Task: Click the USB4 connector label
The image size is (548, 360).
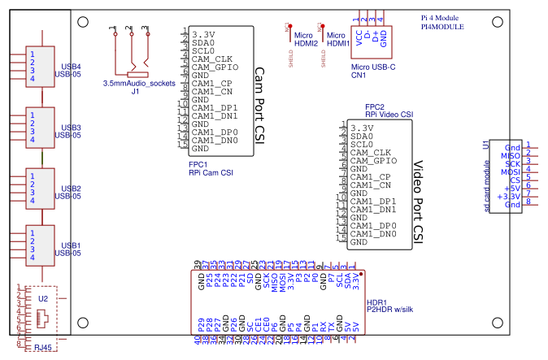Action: point(71,67)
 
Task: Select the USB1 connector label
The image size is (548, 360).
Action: point(71,245)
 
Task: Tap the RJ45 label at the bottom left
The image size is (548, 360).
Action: point(43,348)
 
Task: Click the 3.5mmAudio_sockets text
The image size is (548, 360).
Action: point(139,84)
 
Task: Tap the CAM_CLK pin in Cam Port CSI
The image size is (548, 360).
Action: point(212,59)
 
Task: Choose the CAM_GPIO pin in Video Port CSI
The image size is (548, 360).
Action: point(374,161)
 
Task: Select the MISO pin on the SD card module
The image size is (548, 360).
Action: point(511,155)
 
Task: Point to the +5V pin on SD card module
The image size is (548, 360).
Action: point(511,188)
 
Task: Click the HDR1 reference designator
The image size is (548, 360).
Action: point(376,301)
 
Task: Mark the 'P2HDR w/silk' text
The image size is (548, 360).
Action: point(391,310)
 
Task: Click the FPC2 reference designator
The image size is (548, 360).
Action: point(374,106)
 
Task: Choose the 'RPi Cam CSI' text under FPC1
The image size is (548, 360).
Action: point(211,172)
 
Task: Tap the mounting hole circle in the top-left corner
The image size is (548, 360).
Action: point(82,24)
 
